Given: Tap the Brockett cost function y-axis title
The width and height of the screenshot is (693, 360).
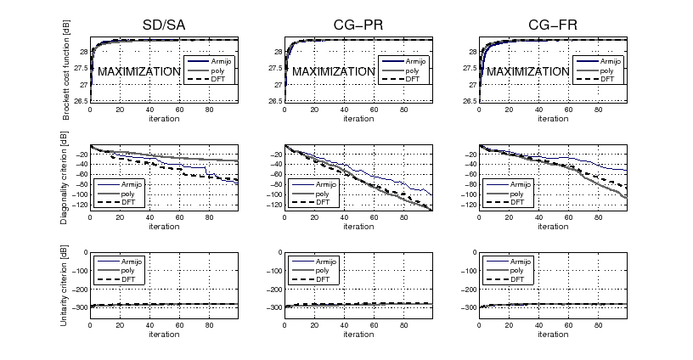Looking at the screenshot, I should (66, 71).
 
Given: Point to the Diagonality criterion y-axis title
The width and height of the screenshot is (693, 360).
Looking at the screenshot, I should (66, 177).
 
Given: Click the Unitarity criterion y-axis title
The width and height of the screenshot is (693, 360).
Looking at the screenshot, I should (66, 284).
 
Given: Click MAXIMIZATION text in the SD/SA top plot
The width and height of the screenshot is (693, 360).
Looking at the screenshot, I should (138, 72).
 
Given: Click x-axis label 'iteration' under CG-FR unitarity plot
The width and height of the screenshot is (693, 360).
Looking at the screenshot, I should (553, 334).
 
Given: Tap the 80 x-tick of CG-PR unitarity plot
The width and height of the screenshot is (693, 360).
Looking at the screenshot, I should (403, 325).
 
